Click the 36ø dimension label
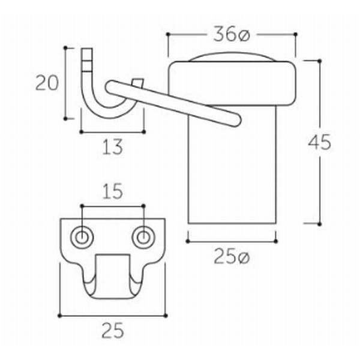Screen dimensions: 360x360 point(230,35)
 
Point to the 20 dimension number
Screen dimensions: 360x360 point(47,83)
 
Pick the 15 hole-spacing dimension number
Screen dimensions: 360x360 point(112,191)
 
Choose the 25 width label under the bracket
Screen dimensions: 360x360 point(112,329)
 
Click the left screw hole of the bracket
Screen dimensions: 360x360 point(81,237)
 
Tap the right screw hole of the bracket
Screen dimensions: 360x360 point(143,237)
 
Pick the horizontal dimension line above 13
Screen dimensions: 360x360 point(112,130)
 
